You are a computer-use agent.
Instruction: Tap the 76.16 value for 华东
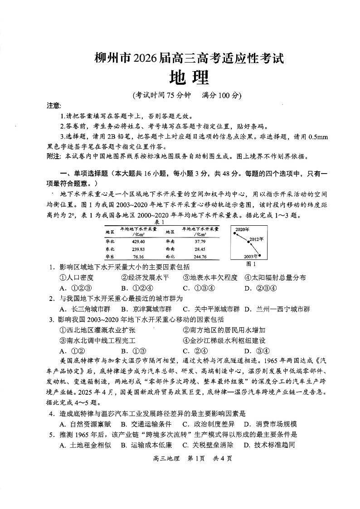tap(138, 257)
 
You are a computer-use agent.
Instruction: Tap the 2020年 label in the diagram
tap(242, 230)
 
